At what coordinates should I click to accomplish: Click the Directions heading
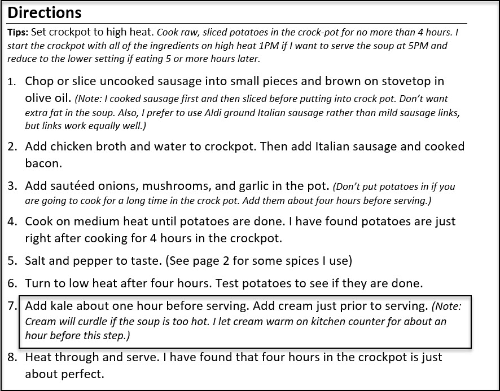[45, 12]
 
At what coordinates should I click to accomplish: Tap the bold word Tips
[17, 32]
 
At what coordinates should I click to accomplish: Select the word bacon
[42, 164]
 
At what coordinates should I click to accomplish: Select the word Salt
[36, 261]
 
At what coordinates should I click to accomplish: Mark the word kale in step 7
[62, 306]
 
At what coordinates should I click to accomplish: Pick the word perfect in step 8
[85, 374]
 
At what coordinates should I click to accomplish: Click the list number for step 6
[12, 283]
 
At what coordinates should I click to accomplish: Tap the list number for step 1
[12, 82]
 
